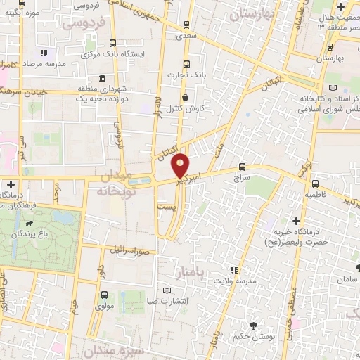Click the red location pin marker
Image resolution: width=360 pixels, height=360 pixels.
(181, 165)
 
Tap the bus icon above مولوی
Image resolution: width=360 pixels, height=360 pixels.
(105, 295)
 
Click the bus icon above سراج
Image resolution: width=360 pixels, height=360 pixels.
(243, 167)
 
